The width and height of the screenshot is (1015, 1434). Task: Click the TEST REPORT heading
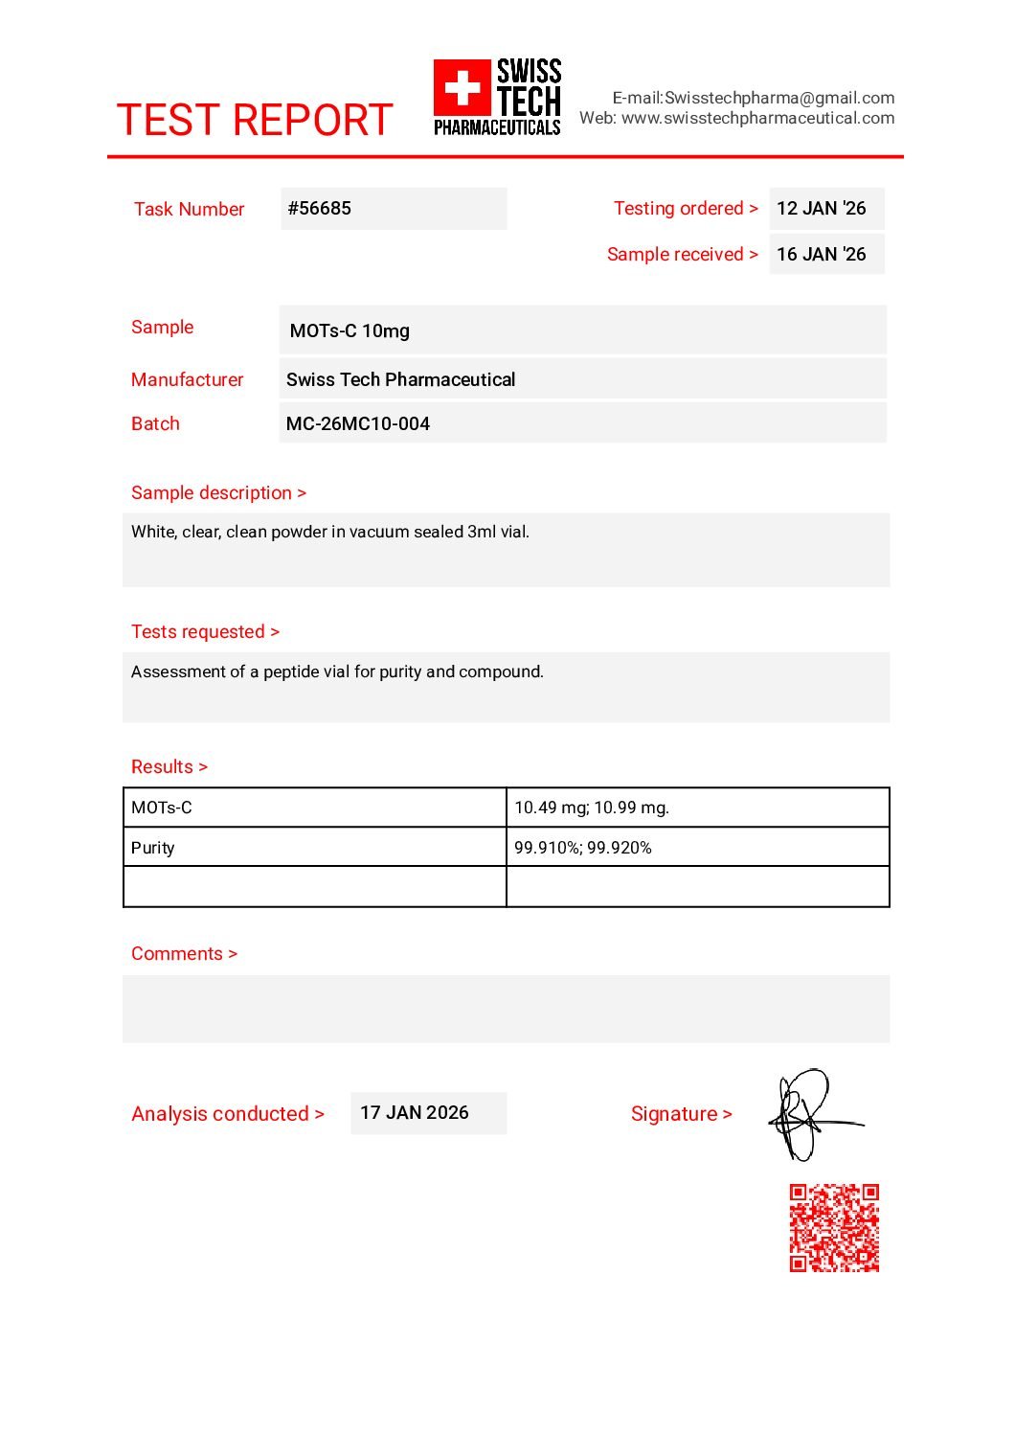tap(254, 121)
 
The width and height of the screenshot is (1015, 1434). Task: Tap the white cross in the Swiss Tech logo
tap(462, 88)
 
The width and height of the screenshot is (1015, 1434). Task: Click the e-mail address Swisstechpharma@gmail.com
tap(779, 98)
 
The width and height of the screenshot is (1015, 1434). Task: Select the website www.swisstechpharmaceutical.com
tap(757, 118)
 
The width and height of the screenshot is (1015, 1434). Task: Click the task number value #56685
tap(320, 208)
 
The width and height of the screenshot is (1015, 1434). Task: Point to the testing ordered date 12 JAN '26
tap(821, 208)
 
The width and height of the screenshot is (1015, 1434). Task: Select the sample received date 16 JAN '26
tap(821, 254)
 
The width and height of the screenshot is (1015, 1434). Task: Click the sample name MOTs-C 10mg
tap(350, 330)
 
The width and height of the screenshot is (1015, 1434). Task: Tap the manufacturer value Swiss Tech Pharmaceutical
tap(400, 379)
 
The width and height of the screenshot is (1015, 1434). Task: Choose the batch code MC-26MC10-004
tap(357, 423)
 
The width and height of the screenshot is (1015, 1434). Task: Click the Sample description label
tap(218, 492)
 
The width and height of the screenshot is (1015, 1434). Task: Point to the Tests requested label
tap(205, 631)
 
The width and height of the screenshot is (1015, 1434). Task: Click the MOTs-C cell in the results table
tap(162, 808)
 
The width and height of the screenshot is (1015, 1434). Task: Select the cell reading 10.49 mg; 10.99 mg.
tap(592, 808)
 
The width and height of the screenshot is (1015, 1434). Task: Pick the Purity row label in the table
tap(153, 848)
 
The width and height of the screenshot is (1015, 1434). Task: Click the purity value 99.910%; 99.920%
tap(582, 848)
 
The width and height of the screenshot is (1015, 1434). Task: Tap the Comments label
tap(184, 953)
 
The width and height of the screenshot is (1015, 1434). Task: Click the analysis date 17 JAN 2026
tap(414, 1112)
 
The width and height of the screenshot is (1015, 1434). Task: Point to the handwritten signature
tap(810, 1115)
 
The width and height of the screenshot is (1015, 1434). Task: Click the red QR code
tap(834, 1228)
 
